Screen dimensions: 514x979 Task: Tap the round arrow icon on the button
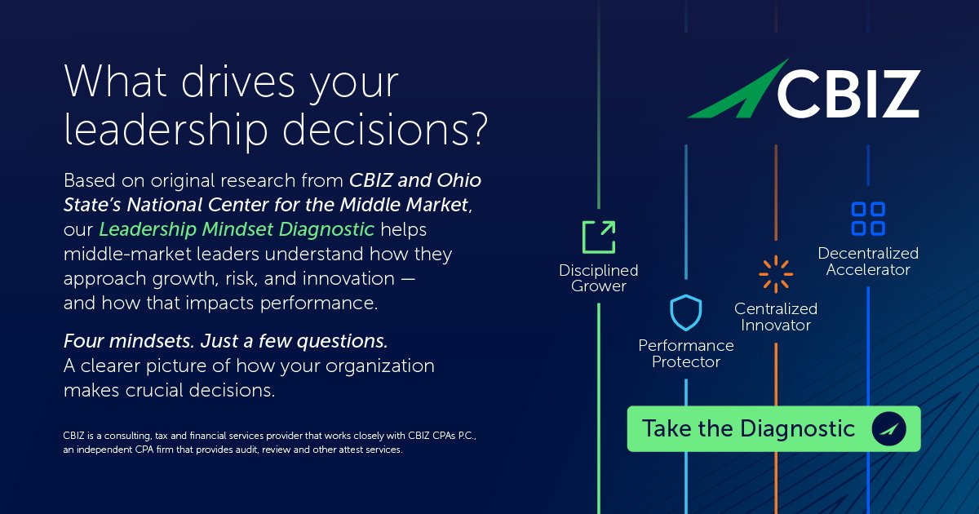888,429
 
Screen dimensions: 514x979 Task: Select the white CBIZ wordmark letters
848,94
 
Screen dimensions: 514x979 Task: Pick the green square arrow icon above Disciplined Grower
599,237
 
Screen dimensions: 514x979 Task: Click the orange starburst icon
776,275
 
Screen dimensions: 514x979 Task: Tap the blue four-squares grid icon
868,219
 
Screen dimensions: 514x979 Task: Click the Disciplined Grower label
599,278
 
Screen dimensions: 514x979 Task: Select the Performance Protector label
685,353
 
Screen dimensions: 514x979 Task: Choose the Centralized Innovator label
776,317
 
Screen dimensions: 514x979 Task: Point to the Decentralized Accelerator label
868,261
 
